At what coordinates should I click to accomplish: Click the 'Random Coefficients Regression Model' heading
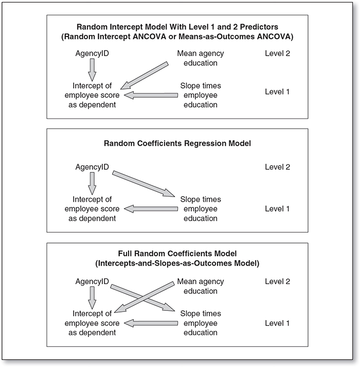click(177, 143)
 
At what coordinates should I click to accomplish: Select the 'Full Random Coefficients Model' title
click(177, 253)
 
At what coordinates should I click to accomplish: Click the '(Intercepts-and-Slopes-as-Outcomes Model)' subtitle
click(177, 264)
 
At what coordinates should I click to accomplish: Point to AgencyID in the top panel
click(92, 54)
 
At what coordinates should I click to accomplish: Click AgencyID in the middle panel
click(92, 167)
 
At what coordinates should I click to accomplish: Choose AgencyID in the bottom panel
click(92, 282)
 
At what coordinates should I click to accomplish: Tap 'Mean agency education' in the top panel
click(201, 58)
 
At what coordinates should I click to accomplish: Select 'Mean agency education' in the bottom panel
click(201, 286)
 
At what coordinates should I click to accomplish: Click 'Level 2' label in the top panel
click(277, 54)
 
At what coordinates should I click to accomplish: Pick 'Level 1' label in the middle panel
click(277, 209)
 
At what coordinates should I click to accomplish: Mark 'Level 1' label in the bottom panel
click(277, 323)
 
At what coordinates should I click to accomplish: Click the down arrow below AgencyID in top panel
click(92, 70)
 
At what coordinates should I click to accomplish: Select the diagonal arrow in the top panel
click(145, 76)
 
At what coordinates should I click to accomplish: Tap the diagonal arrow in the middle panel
click(143, 184)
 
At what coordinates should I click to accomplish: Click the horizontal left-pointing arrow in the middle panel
click(151, 209)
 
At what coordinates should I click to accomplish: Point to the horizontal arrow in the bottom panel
click(151, 323)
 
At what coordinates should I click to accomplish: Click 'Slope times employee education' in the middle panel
click(201, 209)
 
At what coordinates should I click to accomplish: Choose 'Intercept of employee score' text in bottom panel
click(92, 318)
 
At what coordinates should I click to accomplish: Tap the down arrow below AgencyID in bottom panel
click(92, 298)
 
